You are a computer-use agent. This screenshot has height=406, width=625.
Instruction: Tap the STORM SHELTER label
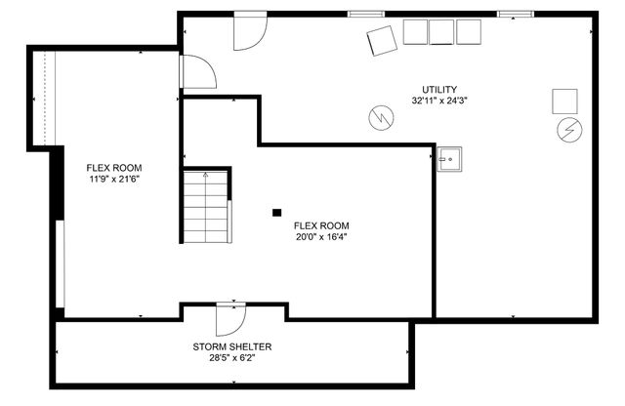tap(232, 346)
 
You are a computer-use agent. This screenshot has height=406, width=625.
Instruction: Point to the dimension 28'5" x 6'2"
tap(232, 357)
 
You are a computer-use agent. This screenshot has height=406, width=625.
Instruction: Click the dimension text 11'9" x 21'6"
tap(114, 179)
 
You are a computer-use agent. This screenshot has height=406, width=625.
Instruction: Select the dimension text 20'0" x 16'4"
tap(321, 236)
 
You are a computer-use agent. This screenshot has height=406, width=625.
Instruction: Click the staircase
tap(205, 207)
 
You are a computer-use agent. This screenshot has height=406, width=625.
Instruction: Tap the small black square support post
tap(277, 211)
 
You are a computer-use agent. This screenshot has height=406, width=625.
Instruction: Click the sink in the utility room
tap(449, 158)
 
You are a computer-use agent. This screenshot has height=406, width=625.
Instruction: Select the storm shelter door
tap(230, 317)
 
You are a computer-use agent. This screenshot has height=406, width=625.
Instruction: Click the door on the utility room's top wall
tap(249, 32)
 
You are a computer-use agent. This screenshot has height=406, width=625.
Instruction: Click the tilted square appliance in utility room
tap(382, 41)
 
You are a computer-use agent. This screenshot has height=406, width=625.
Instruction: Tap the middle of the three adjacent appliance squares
tap(442, 31)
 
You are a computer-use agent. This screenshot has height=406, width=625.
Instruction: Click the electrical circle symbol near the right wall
tap(566, 130)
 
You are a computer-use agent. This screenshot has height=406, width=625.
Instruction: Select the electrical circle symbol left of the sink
tap(380, 117)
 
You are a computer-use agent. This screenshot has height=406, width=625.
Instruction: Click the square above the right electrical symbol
tap(565, 101)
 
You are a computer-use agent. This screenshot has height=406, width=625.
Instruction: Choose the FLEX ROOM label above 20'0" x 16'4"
tap(321, 225)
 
